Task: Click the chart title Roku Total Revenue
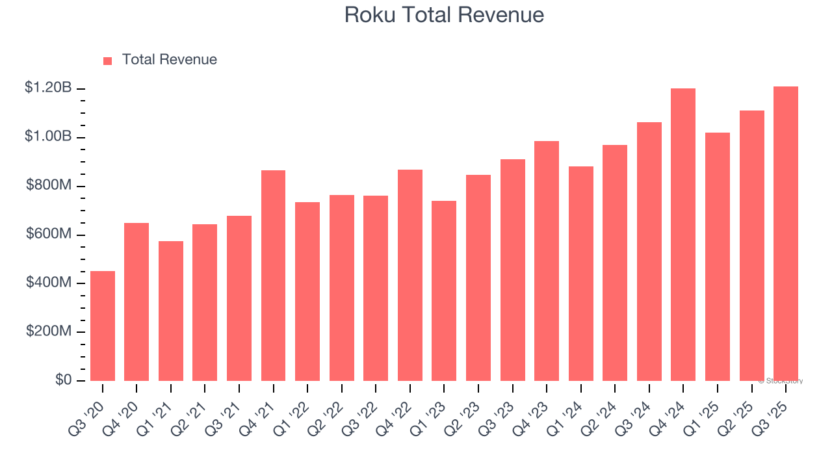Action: coord(444,15)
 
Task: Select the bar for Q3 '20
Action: coord(103,326)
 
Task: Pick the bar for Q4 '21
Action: coord(273,276)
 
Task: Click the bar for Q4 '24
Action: coord(683,235)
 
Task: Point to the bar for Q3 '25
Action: coord(785,234)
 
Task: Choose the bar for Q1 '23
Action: coord(444,291)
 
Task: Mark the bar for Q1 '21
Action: coord(171,311)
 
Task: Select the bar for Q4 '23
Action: coord(547,261)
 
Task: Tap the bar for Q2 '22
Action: coord(341,288)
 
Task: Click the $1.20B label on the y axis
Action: coord(48,88)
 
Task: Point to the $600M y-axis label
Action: coord(49,234)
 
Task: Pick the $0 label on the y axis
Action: coord(62,380)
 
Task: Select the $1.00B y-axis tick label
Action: coord(48,136)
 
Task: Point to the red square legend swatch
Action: coord(108,60)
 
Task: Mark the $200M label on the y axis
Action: coord(49,331)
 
